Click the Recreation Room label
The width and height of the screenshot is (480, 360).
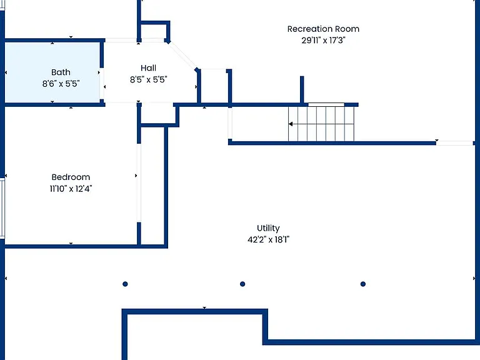point(323,29)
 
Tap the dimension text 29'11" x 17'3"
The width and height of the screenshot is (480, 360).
point(323,41)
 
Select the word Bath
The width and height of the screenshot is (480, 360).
point(61,72)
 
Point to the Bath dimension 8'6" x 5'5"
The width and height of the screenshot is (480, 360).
point(61,84)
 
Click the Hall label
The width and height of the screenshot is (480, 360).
point(149,68)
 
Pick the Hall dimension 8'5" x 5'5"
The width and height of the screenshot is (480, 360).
point(149,79)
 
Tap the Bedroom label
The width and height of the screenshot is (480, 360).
point(71,177)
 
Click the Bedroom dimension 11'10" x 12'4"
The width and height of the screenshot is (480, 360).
point(71,189)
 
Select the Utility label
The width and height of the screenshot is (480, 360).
point(268,228)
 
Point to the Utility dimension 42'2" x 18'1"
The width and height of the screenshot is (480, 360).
point(268,239)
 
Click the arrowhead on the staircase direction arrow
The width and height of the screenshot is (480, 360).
point(291,124)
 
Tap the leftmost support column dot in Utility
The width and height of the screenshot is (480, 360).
point(125,284)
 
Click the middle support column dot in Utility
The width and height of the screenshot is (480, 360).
point(242,284)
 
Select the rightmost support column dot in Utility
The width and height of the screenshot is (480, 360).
point(363,284)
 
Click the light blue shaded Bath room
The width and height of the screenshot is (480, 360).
point(52,72)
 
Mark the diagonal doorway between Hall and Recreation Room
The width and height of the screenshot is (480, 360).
point(183,56)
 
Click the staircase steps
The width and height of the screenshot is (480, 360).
point(321,124)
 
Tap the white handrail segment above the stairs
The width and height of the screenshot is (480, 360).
point(326,105)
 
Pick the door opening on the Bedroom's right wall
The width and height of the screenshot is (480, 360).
point(139,182)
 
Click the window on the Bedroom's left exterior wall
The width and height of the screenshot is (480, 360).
point(2,208)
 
